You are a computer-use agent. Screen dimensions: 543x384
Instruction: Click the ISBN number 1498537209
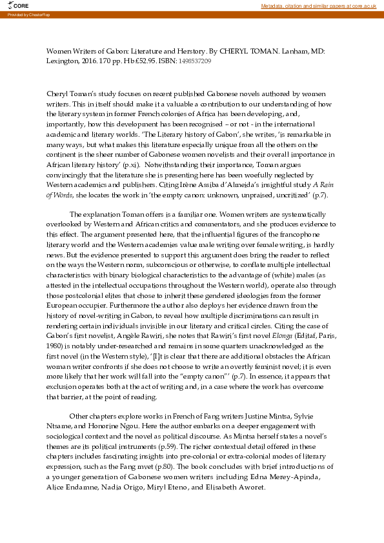point(195,61)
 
